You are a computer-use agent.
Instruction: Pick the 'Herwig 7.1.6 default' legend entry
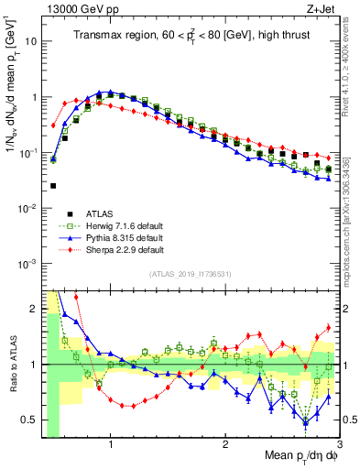click(x=119, y=226)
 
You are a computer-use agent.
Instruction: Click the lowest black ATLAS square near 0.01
click(x=53, y=186)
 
